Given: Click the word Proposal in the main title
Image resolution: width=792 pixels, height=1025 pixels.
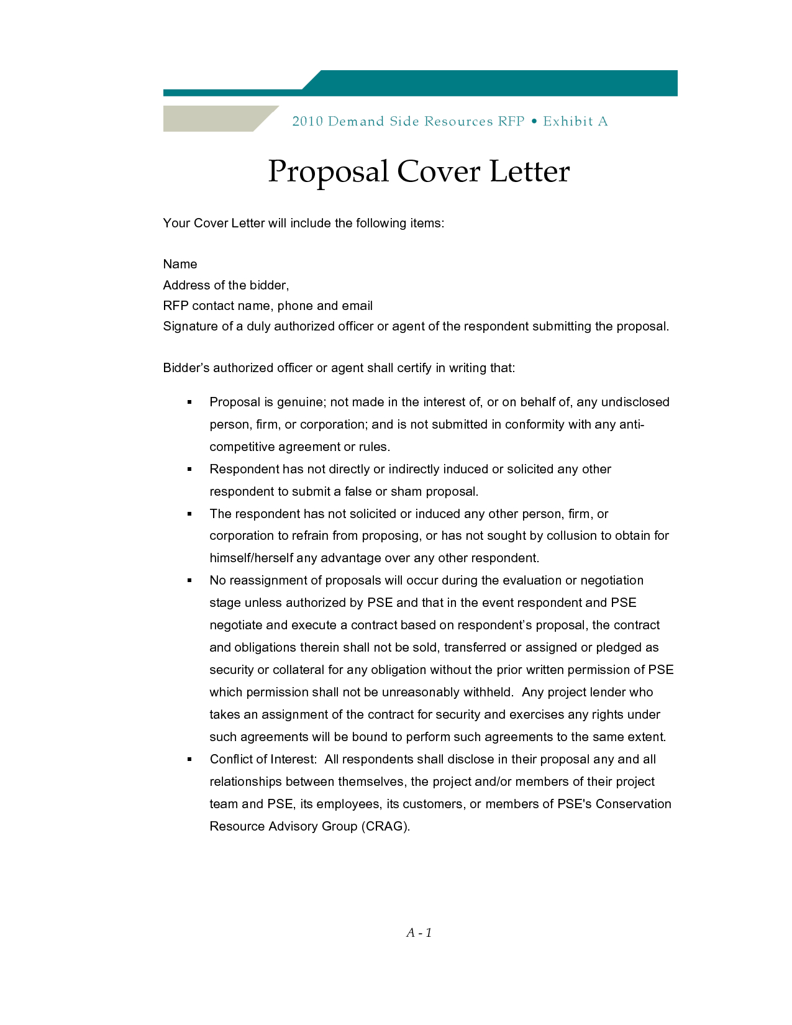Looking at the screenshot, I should pos(328,172).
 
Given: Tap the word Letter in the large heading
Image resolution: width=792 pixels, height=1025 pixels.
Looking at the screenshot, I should pos(529,171).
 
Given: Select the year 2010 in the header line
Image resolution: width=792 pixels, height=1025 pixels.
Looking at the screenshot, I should pos(307,121).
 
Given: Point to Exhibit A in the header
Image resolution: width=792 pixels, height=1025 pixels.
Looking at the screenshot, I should pos(575,121).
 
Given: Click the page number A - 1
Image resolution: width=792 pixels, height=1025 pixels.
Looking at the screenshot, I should pos(419,932).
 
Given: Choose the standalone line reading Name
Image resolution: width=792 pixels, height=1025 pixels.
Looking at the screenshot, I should pos(180,264).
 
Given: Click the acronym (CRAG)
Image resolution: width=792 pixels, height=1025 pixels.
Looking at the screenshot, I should pos(385,826).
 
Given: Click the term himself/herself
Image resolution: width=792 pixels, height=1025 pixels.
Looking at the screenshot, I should pos(251,558).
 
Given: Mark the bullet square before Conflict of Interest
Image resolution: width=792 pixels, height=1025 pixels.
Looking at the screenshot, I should pos(190,759).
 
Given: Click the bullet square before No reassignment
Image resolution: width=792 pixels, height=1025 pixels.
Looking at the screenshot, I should pos(190,580).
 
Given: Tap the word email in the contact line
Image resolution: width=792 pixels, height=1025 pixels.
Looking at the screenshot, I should pos(357,306).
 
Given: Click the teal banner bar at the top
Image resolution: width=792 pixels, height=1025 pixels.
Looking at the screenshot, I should pos(497,83).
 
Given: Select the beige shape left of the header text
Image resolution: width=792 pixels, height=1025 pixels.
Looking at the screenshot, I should pos(211,119).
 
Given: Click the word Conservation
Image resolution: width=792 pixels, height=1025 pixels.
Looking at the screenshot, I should pos(633,804).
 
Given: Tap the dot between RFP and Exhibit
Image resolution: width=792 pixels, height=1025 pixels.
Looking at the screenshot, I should pos(534,121).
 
